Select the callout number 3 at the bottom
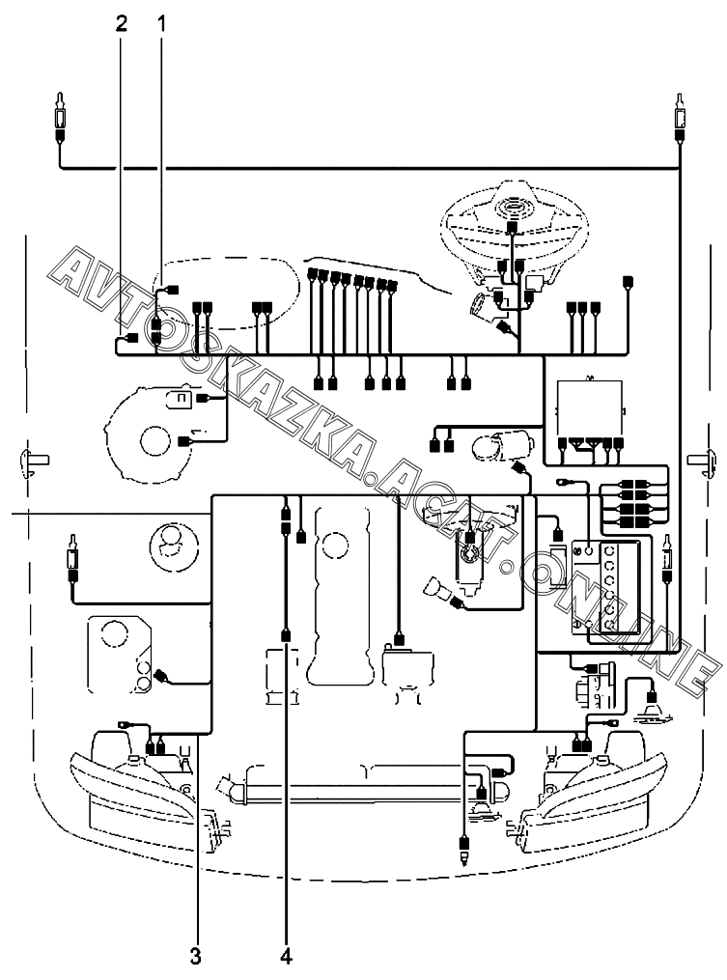(196, 957)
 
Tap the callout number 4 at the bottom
(286, 957)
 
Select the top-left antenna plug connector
(61, 118)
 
